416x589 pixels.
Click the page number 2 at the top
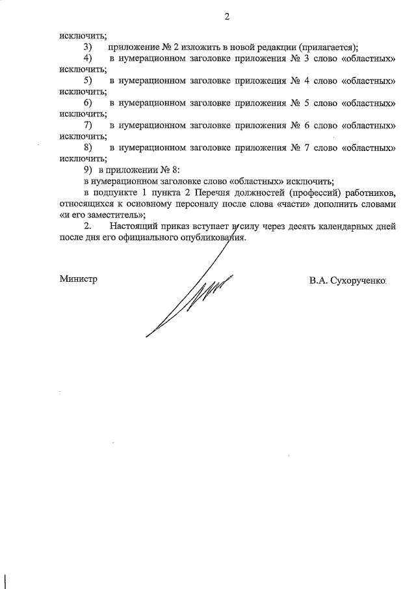click(x=227, y=17)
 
